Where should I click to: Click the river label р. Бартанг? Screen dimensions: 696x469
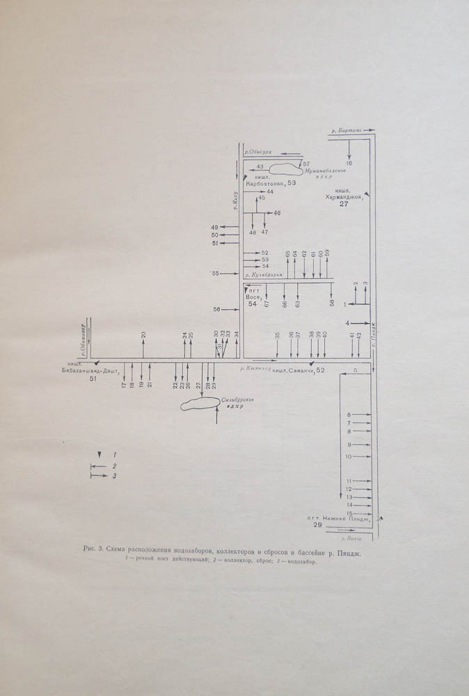(344, 130)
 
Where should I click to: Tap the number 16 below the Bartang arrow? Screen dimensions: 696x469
(349, 163)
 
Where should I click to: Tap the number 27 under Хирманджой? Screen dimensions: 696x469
(344, 205)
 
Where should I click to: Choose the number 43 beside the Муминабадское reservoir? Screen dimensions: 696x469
(260, 167)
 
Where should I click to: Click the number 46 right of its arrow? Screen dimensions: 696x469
(277, 212)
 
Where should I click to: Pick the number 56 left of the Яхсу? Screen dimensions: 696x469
(216, 309)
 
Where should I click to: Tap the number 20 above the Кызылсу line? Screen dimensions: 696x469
(143, 335)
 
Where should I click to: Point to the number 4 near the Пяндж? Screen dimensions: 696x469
(347, 323)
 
